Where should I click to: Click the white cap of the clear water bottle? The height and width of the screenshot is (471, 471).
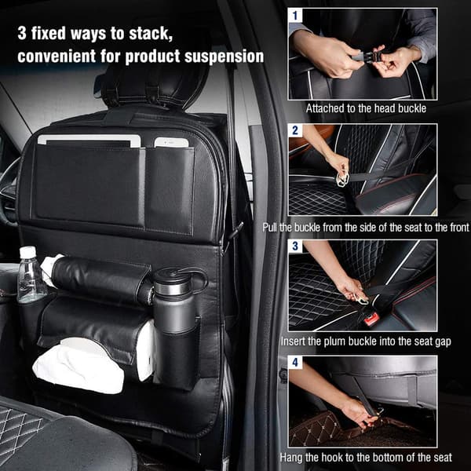(27, 251)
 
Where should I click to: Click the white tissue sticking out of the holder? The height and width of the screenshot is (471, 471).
(78, 365)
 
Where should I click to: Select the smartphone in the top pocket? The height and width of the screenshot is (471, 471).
(171, 142)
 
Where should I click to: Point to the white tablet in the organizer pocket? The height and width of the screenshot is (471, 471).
(89, 141)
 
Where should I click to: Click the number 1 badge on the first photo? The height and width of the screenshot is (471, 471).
(295, 16)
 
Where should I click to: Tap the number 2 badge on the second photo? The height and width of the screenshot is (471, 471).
(295, 130)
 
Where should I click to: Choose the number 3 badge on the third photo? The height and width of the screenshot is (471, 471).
(295, 246)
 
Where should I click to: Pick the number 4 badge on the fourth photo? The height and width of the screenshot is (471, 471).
(295, 362)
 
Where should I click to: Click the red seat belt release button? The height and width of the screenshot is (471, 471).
(371, 319)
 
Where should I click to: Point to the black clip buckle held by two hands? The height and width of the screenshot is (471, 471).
(366, 57)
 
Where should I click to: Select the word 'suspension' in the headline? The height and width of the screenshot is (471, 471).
(224, 57)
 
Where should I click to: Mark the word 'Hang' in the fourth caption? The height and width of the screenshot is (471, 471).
(291, 458)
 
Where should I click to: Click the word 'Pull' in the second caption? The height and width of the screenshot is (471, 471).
(270, 228)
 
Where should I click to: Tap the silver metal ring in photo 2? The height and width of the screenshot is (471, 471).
(342, 179)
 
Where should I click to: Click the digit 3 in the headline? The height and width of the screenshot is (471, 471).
(22, 33)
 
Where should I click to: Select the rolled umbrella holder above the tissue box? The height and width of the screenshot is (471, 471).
(99, 278)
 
